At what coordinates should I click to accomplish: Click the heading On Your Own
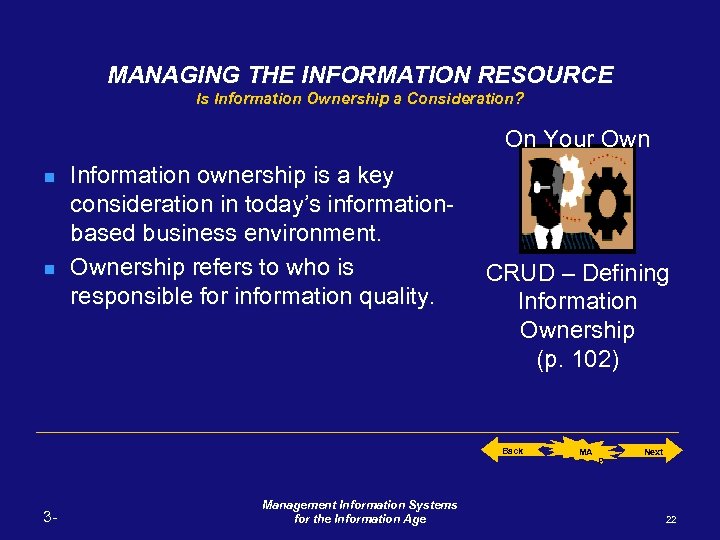(x=577, y=139)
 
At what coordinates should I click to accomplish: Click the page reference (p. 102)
(x=577, y=360)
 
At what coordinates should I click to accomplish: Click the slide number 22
(x=670, y=519)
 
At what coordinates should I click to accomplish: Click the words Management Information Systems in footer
(x=360, y=505)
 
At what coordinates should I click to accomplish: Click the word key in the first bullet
(x=375, y=176)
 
